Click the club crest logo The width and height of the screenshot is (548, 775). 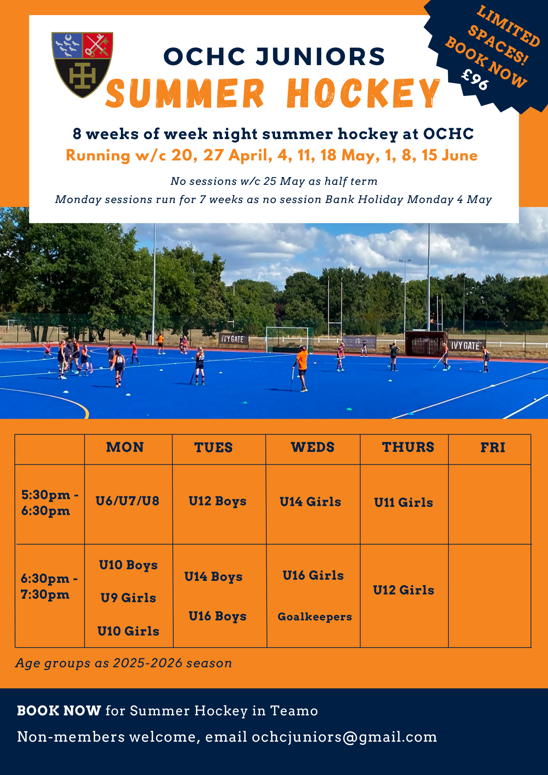(x=82, y=65)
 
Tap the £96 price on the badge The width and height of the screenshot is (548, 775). (x=475, y=79)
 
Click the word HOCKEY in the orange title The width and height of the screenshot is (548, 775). (x=364, y=93)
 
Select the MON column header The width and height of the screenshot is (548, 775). (x=125, y=447)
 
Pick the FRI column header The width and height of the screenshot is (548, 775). (x=493, y=448)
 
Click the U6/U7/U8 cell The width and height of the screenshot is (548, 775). (x=128, y=501)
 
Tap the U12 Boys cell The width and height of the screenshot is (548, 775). (x=217, y=501)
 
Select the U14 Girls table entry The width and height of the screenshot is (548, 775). (x=310, y=502)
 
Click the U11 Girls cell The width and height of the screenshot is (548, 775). (x=403, y=503)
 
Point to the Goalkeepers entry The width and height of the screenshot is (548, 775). (x=315, y=617)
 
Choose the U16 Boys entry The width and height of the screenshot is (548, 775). (x=217, y=616)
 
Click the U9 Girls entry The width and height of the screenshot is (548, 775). (x=128, y=598)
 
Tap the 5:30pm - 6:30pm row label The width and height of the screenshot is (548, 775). (x=50, y=503)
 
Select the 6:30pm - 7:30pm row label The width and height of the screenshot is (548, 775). (x=49, y=586)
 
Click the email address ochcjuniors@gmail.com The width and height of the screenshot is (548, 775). (x=345, y=737)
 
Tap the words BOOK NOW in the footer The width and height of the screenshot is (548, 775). (x=59, y=711)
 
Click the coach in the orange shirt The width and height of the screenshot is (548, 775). (x=301, y=369)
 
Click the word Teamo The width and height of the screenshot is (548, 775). (x=294, y=711)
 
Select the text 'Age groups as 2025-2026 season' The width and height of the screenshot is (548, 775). (x=124, y=663)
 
